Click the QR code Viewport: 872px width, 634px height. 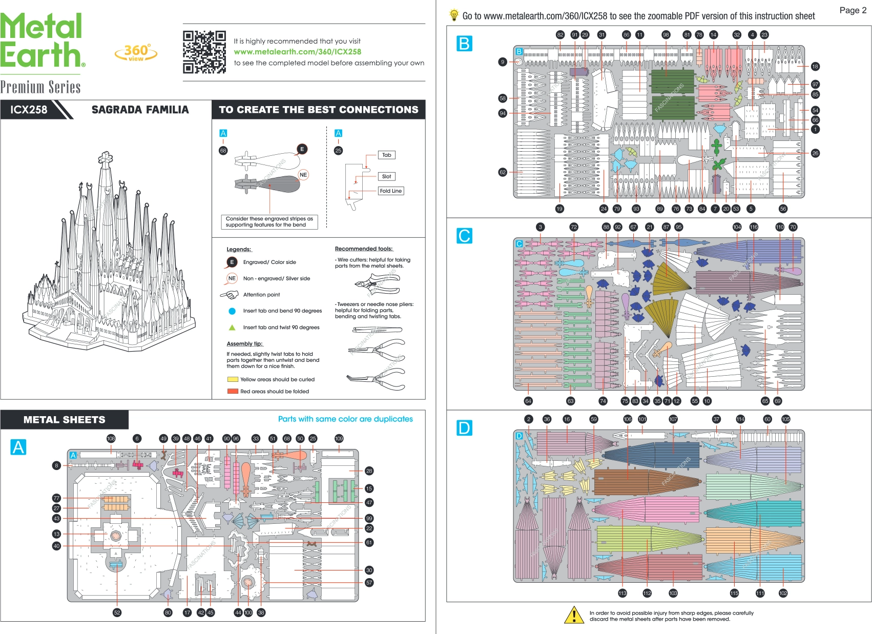pyautogui.click(x=204, y=52)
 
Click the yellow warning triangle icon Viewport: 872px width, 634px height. pyautogui.click(x=574, y=615)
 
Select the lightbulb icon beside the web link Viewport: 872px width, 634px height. pyautogui.click(x=453, y=15)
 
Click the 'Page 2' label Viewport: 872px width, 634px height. pyautogui.click(x=853, y=10)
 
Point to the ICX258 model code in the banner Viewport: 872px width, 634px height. pyautogui.click(x=29, y=110)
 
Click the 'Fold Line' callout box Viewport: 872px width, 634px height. pyautogui.click(x=390, y=191)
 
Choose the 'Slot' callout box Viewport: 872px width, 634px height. pyautogui.click(x=386, y=176)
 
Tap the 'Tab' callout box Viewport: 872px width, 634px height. pyautogui.click(x=386, y=155)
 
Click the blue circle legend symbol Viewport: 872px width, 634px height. pyautogui.click(x=232, y=311)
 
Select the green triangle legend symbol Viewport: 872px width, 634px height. pyautogui.click(x=232, y=328)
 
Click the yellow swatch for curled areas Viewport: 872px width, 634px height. pyautogui.click(x=233, y=380)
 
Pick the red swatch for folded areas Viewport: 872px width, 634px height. pyautogui.click(x=233, y=392)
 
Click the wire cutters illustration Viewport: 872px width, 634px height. pyautogui.click(x=377, y=283)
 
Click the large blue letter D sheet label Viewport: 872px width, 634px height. pyautogui.click(x=464, y=428)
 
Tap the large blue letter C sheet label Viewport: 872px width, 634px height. pyautogui.click(x=464, y=236)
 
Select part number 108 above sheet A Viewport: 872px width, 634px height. pyautogui.click(x=111, y=439)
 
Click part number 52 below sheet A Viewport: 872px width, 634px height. pyautogui.click(x=117, y=612)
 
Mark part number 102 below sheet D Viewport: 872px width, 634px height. pyautogui.click(x=783, y=593)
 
